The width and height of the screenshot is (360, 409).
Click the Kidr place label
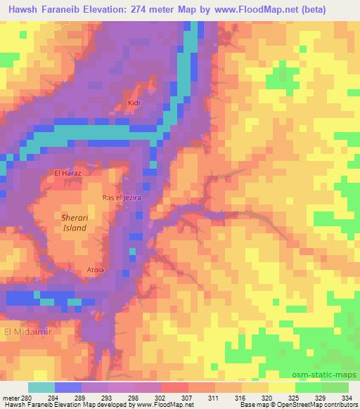[135, 103]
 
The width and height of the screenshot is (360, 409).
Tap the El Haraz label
[68, 172]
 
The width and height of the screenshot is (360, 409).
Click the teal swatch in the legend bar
[41, 387]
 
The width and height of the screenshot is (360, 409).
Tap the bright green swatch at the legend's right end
[335, 387]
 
